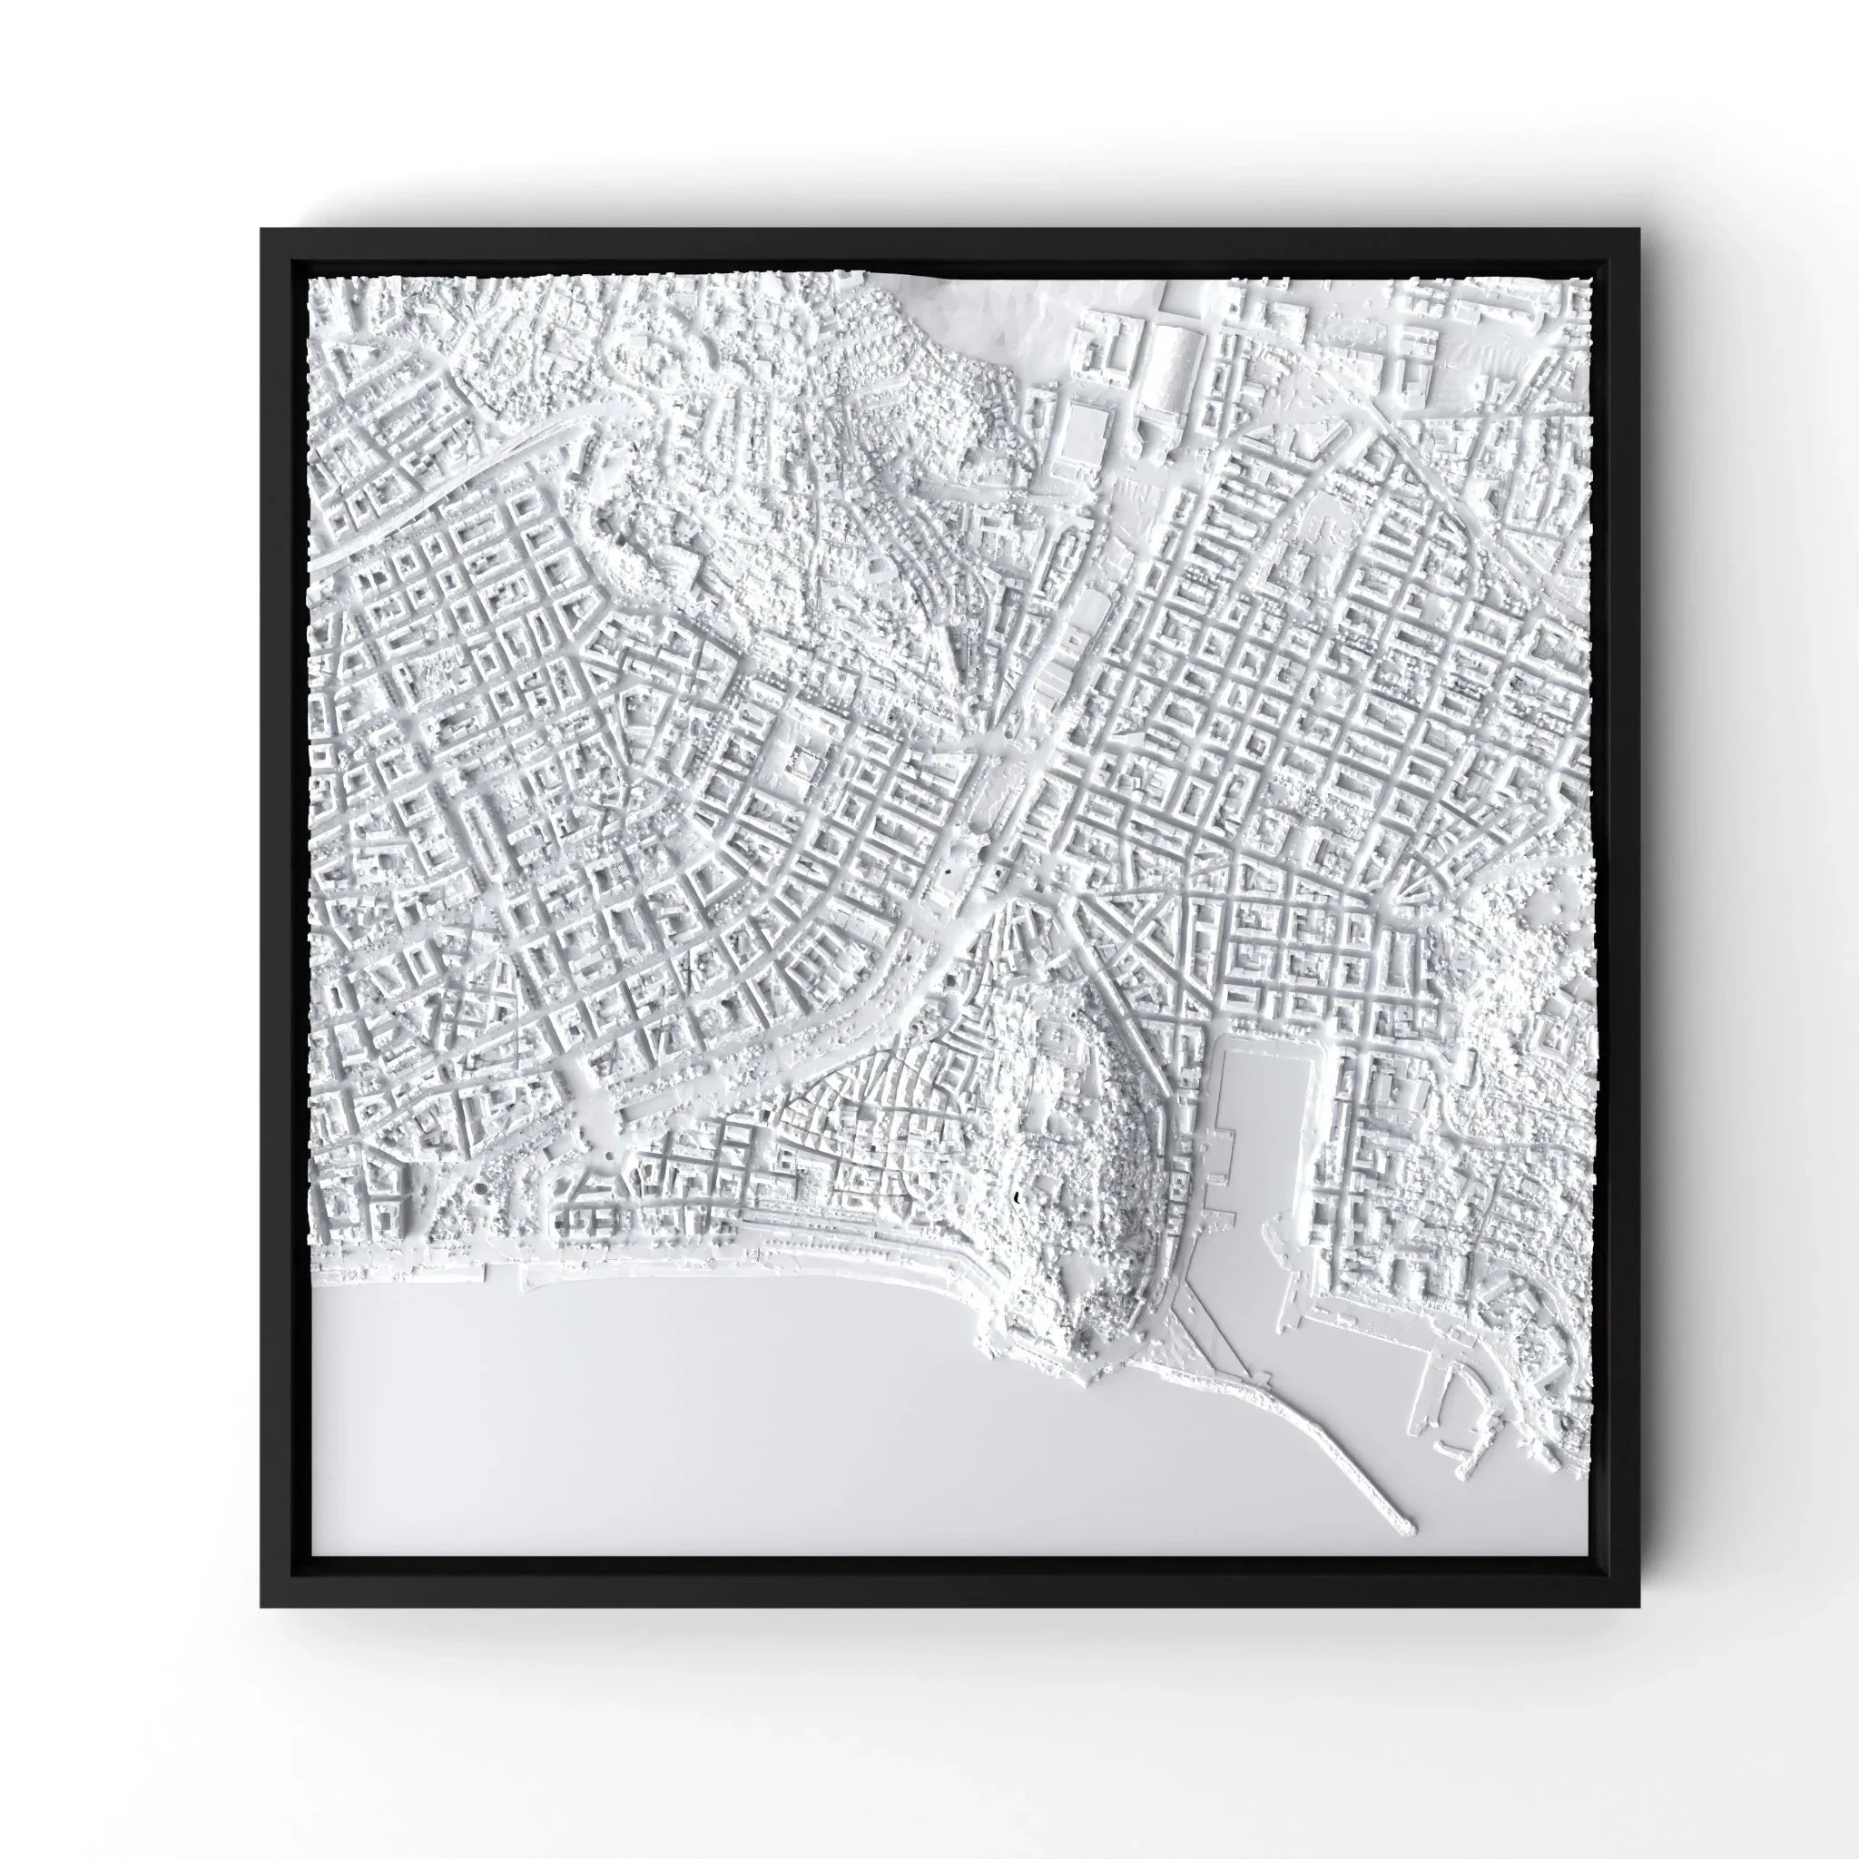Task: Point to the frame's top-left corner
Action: coord(261,231)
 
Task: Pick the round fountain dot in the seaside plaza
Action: coord(608,1155)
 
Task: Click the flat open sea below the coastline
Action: coord(674,1424)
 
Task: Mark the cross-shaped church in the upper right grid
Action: coord(1318,539)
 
